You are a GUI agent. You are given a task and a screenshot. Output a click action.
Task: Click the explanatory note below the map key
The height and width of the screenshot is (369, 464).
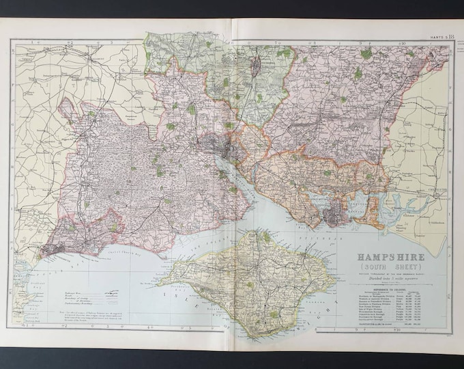point(102,314)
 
